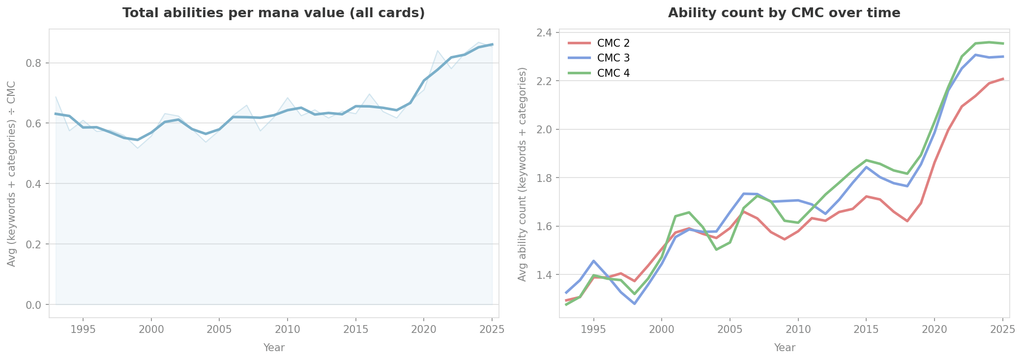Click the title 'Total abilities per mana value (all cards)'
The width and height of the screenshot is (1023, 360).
point(273,13)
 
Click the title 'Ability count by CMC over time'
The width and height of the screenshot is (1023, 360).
point(784,13)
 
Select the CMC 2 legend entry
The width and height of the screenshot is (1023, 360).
point(613,43)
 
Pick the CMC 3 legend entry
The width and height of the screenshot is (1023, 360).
point(613,58)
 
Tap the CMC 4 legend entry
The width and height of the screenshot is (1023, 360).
point(613,73)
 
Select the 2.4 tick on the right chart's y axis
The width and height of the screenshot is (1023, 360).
point(546,33)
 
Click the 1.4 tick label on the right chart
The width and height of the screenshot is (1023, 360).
point(546,275)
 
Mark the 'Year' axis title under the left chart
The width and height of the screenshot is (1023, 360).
point(274,348)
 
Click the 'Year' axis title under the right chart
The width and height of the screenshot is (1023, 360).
point(785,348)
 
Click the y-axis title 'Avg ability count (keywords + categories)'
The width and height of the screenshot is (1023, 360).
point(523,174)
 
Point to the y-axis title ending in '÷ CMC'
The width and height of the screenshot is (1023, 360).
point(12,174)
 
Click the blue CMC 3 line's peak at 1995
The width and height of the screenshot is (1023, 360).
point(593,261)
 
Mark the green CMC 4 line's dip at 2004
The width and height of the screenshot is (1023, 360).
point(716,249)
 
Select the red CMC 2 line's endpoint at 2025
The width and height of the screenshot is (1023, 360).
point(1003,79)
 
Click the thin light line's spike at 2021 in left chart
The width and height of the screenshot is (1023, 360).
point(438,51)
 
